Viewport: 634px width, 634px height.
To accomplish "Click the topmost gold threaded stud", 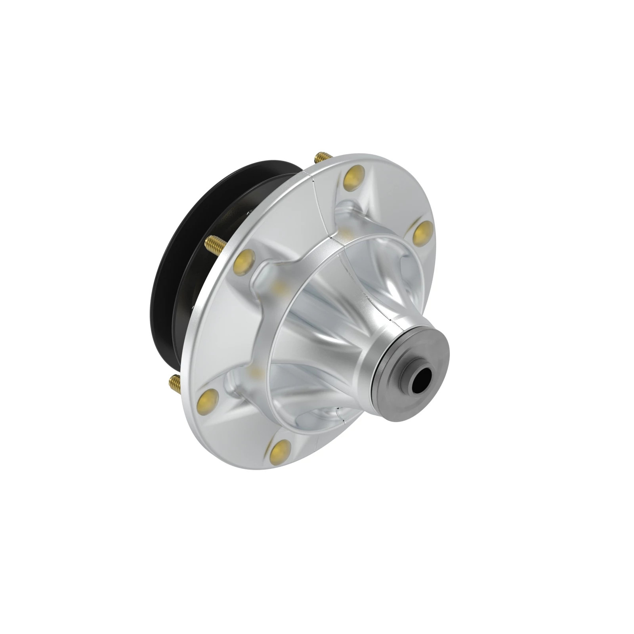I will [319, 157].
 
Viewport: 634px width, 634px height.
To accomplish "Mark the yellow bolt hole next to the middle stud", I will [244, 260].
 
